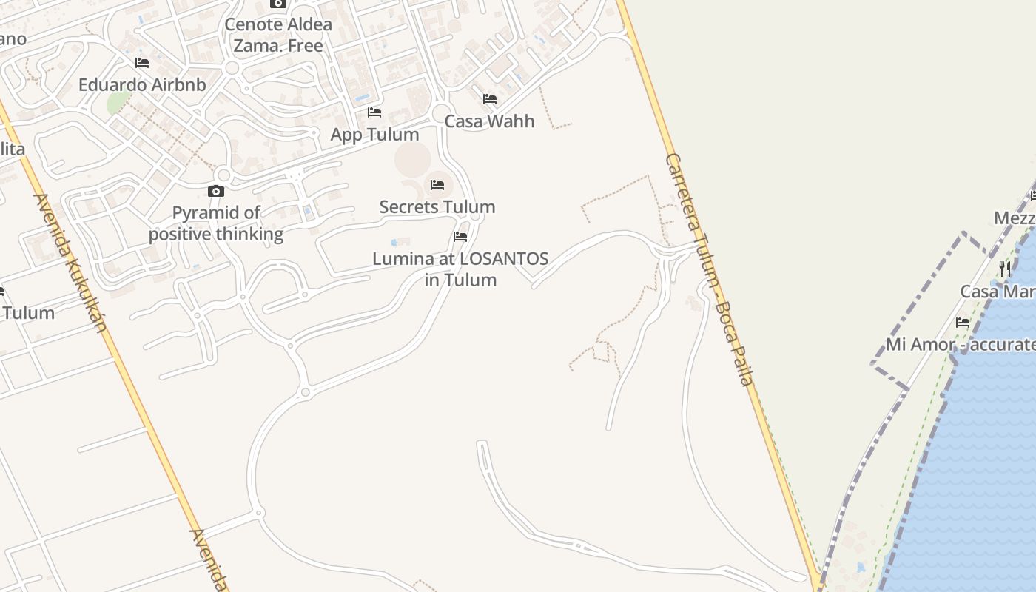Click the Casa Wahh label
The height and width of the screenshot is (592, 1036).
tap(489, 121)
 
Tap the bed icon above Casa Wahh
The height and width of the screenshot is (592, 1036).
tap(489, 99)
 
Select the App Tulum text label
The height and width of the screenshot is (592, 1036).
tap(374, 135)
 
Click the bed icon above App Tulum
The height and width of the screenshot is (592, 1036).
tap(374, 112)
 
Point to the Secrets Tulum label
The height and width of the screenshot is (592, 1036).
tap(437, 207)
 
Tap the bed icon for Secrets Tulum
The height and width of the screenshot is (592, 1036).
tap(437, 185)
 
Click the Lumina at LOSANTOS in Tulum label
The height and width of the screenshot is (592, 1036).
tap(460, 269)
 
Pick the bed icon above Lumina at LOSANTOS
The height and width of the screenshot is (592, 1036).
tap(460, 237)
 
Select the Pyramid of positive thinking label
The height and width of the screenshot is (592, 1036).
tap(216, 223)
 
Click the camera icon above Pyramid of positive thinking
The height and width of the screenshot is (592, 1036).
tap(216, 192)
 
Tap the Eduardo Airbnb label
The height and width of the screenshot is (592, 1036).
tap(142, 85)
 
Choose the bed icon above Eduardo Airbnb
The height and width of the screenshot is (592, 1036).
tap(142, 63)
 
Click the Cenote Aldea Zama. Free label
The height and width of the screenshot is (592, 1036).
tap(278, 35)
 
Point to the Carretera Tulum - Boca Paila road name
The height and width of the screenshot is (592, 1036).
tap(709, 269)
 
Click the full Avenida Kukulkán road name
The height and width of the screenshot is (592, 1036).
tap(71, 263)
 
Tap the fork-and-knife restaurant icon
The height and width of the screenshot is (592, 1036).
tap(1004, 269)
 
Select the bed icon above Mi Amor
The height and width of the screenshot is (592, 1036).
tap(963, 323)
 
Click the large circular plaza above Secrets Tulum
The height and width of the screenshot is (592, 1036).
tap(412, 159)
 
